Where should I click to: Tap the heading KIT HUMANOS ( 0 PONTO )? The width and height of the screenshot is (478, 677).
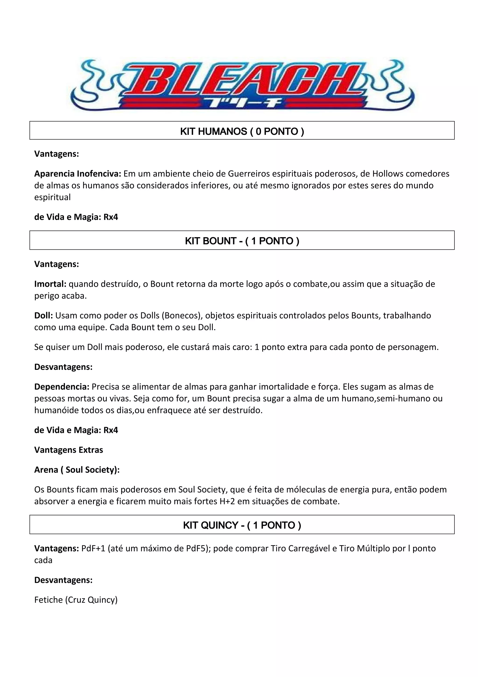pyautogui.click(x=242, y=131)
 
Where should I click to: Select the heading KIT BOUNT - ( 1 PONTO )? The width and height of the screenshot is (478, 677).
pyautogui.click(x=242, y=241)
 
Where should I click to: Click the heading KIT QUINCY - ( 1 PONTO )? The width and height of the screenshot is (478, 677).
pyautogui.click(x=242, y=525)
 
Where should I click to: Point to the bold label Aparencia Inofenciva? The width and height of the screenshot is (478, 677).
pyautogui.click(x=78, y=174)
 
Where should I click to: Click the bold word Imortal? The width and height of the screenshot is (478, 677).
pyautogui.click(x=50, y=284)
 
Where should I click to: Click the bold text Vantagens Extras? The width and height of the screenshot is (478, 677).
pyautogui.click(x=69, y=450)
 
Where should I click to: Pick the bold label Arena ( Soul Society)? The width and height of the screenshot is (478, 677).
pyautogui.click(x=77, y=470)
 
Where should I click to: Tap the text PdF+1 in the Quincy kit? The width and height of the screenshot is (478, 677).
pyautogui.click(x=93, y=549)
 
